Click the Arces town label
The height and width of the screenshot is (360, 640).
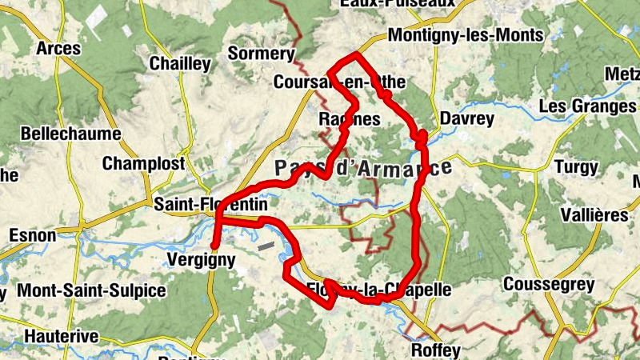(58, 49)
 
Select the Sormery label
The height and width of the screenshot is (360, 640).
(262, 54)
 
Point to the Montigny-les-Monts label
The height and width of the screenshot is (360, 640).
(465, 35)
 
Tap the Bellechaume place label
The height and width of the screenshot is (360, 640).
(70, 134)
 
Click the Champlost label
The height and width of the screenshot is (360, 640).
(143, 164)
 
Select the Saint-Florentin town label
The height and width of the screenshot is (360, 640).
(210, 205)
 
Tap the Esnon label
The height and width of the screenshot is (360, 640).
(32, 235)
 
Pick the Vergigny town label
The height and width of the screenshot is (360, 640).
(202, 259)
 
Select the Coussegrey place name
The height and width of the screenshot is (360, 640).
(548, 285)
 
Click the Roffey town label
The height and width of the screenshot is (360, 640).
(435, 350)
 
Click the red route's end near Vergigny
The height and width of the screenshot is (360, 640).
(214, 245)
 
